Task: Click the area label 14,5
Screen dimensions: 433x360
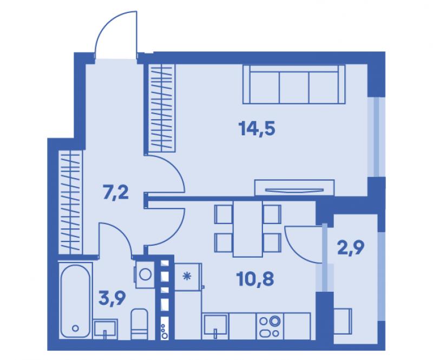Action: coord(257,129)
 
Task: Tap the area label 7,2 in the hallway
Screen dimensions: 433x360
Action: coord(116,193)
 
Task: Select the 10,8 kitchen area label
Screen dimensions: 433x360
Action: coord(255,279)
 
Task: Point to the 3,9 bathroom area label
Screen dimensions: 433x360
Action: coord(112,299)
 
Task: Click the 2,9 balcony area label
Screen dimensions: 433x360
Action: coord(351,247)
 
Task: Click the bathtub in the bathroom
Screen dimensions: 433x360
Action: coord(75,300)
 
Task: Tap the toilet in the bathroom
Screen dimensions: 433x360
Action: coord(139,324)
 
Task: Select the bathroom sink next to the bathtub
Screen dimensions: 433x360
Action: coord(105,328)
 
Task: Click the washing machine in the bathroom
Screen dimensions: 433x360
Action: coord(145,274)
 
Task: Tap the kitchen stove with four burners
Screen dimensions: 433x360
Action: coord(270,326)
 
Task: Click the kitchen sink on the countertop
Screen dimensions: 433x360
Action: coord(215,326)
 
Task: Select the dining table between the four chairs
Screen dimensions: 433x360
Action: coord(248,229)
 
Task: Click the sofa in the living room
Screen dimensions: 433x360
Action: coord(294,84)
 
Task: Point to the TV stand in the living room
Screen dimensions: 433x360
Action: coord(294,188)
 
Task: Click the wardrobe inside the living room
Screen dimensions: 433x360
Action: coord(162,108)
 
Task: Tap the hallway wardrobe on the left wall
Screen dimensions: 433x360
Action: coord(71,202)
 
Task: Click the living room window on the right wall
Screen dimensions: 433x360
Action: coord(376,137)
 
